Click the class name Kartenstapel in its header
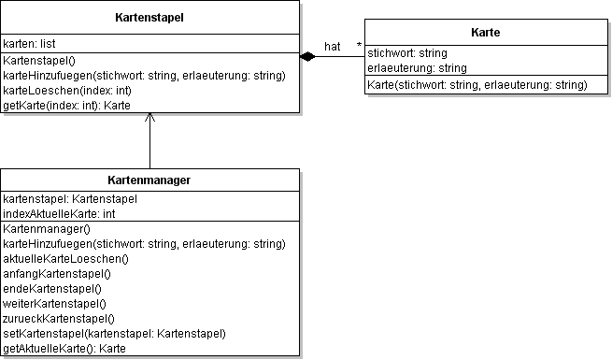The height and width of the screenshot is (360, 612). [x=149, y=18]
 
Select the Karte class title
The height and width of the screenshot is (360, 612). [x=486, y=33]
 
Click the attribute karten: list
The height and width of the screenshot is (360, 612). [x=29, y=43]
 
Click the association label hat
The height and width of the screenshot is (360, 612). [x=332, y=46]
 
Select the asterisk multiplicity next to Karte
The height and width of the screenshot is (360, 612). [x=358, y=46]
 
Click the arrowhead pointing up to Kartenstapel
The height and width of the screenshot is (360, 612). [x=150, y=119]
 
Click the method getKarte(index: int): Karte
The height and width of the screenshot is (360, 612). [x=66, y=106]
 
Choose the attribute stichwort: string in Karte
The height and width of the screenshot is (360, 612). [x=408, y=53]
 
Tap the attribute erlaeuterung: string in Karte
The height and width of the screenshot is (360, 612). [x=418, y=68]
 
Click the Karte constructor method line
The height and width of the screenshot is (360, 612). [x=477, y=85]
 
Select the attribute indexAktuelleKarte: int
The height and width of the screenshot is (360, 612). [x=59, y=214]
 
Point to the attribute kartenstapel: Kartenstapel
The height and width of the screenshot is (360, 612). [x=71, y=199]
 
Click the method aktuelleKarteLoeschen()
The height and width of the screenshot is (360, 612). [x=65, y=258]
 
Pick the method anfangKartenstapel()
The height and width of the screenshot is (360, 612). [x=57, y=273]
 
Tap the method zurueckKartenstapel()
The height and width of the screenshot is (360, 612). [x=59, y=318]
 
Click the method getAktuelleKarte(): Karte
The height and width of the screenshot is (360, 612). [x=64, y=349]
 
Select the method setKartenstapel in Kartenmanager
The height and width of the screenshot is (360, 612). [x=115, y=333]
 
